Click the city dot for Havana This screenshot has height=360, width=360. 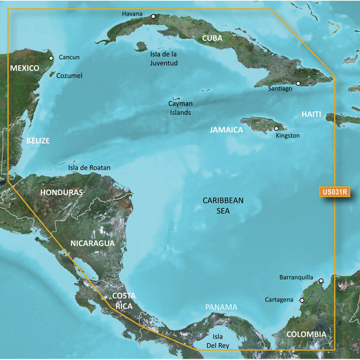[x=153, y=16]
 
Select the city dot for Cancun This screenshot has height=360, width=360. [x=52, y=57]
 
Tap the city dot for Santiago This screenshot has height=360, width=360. [x=298, y=84]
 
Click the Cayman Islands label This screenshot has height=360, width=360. [x=180, y=108]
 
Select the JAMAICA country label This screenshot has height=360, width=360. [x=226, y=130]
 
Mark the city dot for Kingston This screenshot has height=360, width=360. [x=276, y=128]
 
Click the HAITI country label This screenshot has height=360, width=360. [x=311, y=115]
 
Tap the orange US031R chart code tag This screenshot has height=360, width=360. [x=334, y=192]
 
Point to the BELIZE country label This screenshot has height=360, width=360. [x=38, y=141]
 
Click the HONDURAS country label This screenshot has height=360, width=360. [x=61, y=192]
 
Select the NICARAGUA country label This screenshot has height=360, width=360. [x=92, y=242]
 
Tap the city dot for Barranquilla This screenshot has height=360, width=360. [x=322, y=281]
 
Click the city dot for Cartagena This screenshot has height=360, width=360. [x=302, y=301]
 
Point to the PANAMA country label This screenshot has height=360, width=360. [x=222, y=307]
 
